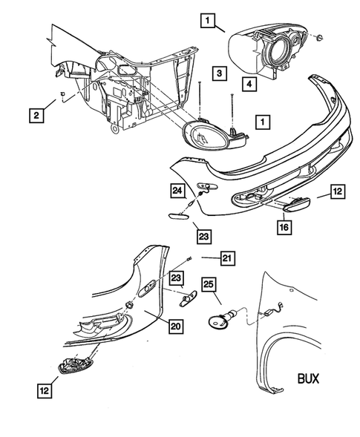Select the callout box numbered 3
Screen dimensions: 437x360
[x=217, y=73]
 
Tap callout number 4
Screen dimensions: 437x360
[x=249, y=85]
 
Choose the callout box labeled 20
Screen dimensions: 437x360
[x=175, y=325]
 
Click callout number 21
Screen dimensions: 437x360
[x=228, y=258]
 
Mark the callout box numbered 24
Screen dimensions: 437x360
[x=178, y=190]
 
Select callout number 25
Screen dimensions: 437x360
[x=209, y=284]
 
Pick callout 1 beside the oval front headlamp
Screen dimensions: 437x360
[x=261, y=119]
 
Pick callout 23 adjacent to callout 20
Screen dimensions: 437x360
[x=177, y=278]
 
